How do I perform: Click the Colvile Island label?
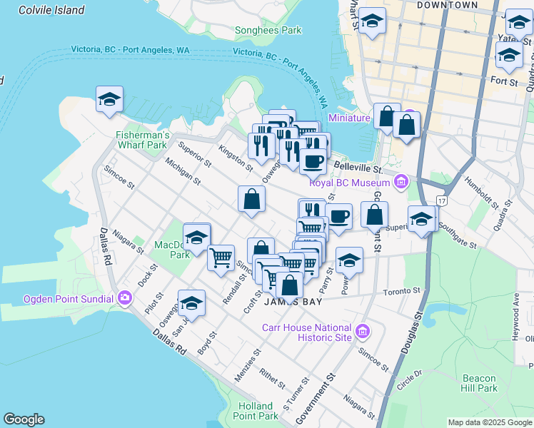coord(51,10)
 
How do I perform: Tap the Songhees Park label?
coord(268,31)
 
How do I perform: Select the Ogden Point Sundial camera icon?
coord(126,297)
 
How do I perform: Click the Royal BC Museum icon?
coord(401,182)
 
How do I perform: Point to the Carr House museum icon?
coord(363,331)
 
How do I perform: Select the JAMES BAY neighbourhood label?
coord(290,302)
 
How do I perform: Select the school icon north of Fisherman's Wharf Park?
coord(109,100)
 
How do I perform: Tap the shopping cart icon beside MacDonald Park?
coord(221,256)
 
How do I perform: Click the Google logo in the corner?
coord(24,419)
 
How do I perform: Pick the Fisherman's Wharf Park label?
coord(143,140)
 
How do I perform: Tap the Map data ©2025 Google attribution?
coord(490,422)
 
